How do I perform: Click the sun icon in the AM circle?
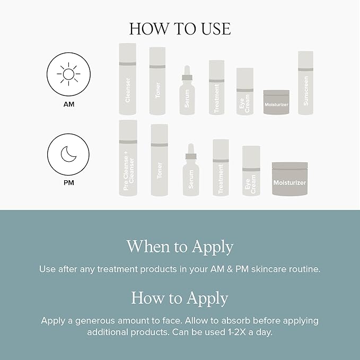(68, 74)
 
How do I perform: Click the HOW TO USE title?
(180, 29)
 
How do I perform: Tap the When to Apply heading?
(180, 247)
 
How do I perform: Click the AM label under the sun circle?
(68, 104)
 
